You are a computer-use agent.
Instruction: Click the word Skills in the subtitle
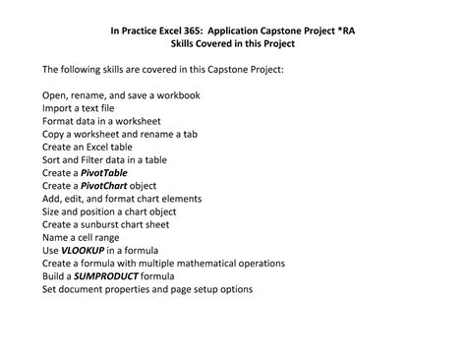pyautogui.click(x=174, y=45)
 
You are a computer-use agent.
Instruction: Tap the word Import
pyautogui.click(x=57, y=107)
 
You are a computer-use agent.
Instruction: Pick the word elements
pyautogui.click(x=179, y=199)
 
